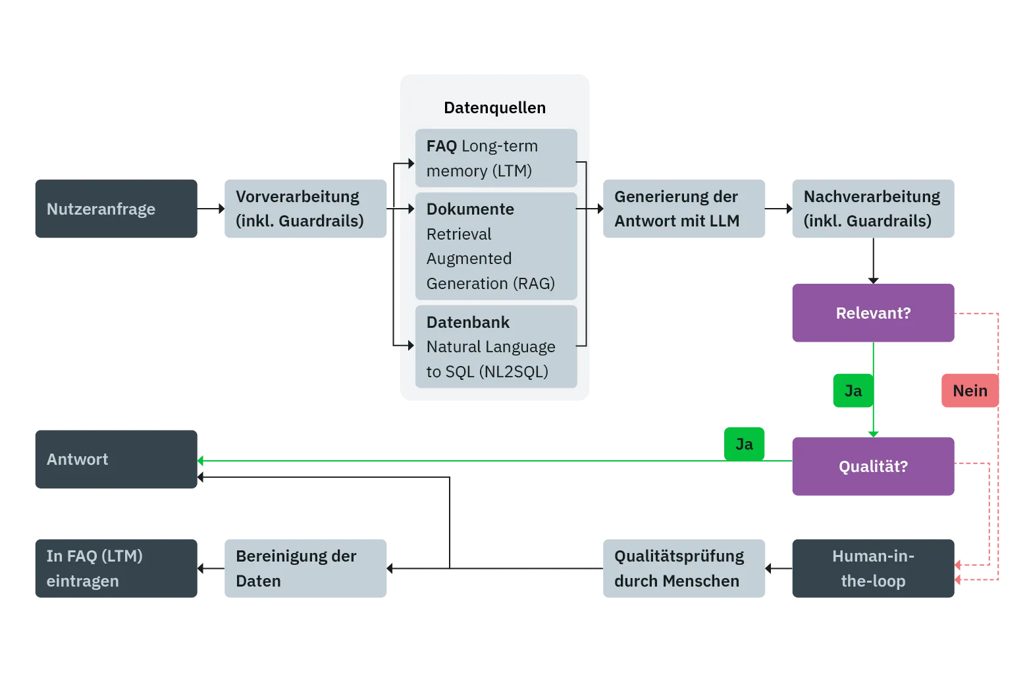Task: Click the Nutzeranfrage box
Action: coord(117,209)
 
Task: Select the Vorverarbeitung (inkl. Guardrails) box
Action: coord(305,209)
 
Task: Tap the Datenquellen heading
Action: coord(494,107)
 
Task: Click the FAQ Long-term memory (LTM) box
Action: coord(496,158)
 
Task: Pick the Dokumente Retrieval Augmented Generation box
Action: coord(496,246)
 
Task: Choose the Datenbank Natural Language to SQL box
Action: coord(496,346)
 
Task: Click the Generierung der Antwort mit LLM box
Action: coord(684,209)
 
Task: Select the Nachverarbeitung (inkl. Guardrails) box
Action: coord(873,209)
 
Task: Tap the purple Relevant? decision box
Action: coord(873,313)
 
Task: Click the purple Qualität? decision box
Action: coord(873,466)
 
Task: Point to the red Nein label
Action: coord(970,390)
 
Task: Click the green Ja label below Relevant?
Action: coord(853,390)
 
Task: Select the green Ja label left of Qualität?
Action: coord(744,444)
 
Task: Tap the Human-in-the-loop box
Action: coord(873,568)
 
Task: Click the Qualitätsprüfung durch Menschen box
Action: coord(684,568)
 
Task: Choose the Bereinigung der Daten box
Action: coord(305,568)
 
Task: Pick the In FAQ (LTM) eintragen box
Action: coord(117,568)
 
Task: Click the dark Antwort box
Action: coord(117,459)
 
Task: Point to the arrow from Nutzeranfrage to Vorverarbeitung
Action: coord(211,209)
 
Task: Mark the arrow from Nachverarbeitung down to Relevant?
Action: coord(873,261)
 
